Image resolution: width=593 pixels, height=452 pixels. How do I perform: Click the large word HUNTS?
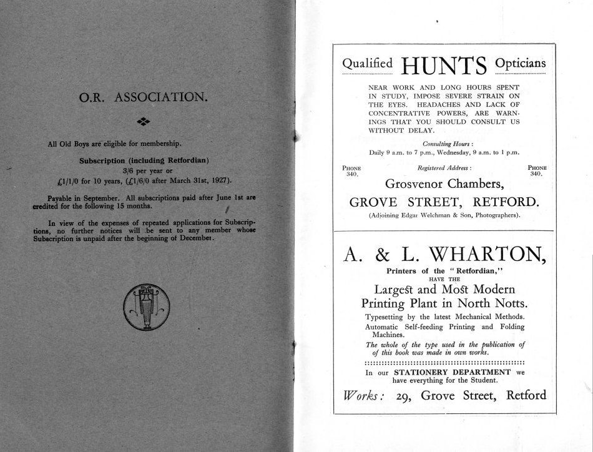coord(444,65)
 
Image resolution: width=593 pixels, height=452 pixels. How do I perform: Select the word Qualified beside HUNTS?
coord(367,64)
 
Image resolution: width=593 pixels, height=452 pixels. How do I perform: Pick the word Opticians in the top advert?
coord(519,64)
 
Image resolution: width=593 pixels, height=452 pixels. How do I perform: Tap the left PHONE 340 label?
coord(353,170)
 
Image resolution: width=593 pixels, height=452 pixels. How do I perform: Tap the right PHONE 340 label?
coord(537,170)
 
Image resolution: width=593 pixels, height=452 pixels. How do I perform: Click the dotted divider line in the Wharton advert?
coord(444,362)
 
